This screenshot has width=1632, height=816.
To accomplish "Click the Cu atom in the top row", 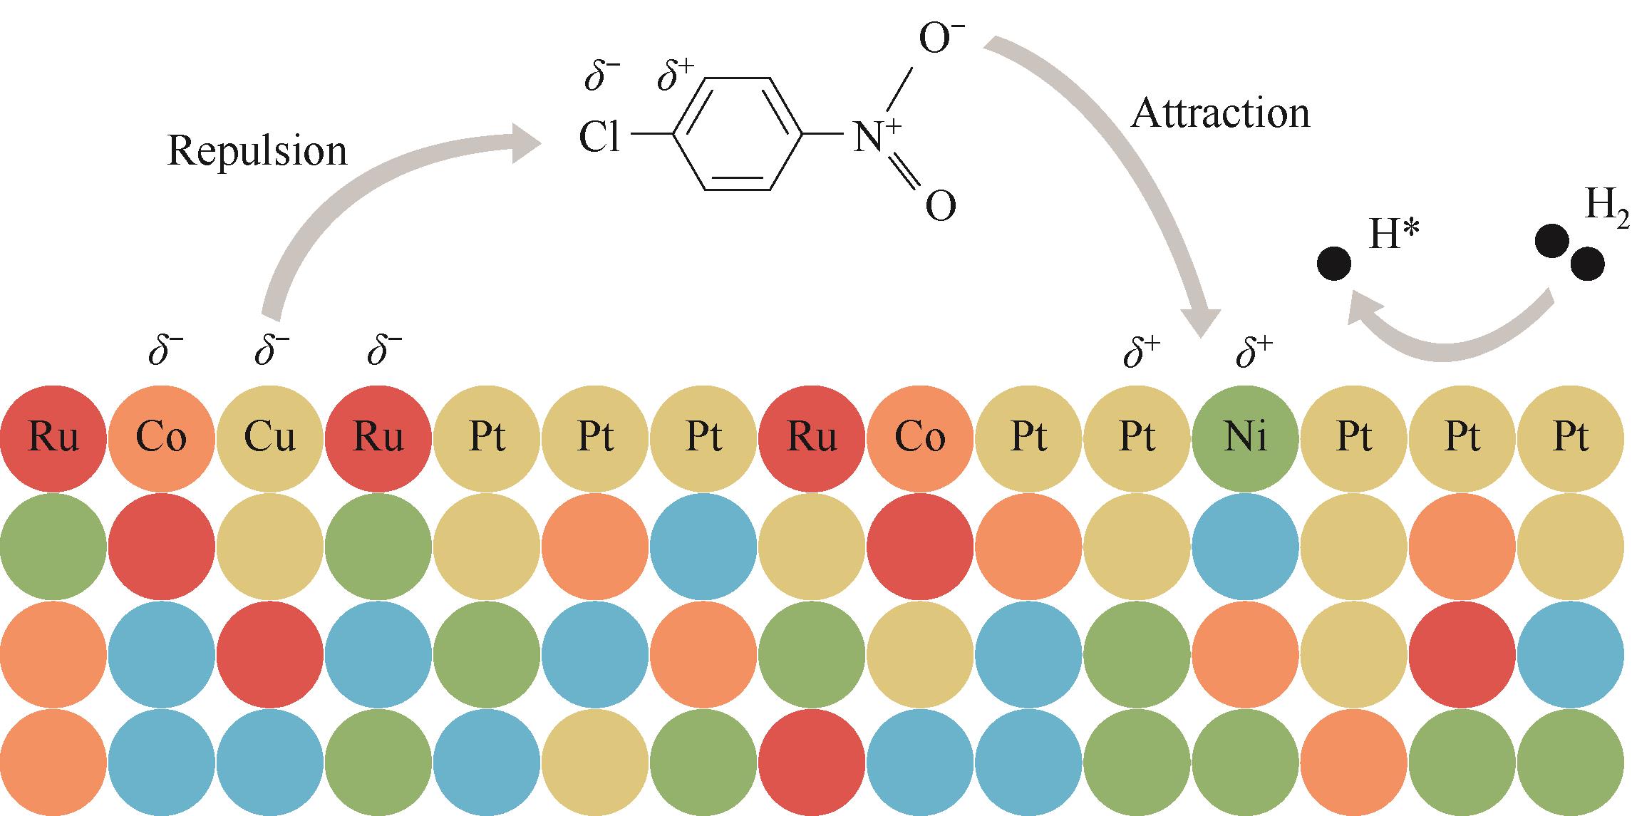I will (269, 438).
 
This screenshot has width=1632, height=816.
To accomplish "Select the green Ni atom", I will (1245, 438).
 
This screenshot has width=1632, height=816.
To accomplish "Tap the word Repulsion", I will (257, 151).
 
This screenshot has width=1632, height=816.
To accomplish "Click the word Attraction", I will (1220, 114).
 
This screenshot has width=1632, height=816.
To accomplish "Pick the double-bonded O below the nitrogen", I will (940, 207).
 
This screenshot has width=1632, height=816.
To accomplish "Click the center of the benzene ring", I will (738, 134).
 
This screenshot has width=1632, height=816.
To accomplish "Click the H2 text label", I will (1606, 208).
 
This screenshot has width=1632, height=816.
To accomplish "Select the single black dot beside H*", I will (1333, 264).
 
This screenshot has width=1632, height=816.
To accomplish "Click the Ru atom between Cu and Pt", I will (378, 438).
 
